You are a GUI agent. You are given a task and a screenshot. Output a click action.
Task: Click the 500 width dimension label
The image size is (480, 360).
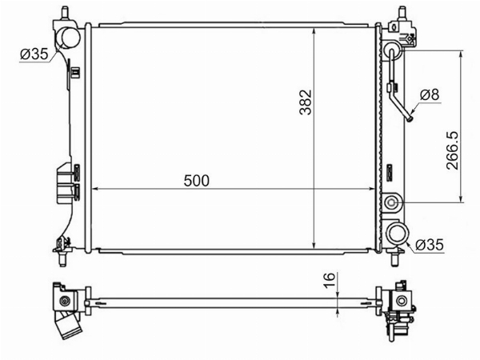coord(197,181)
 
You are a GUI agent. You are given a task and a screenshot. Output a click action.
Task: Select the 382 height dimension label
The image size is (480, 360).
coord(306,102)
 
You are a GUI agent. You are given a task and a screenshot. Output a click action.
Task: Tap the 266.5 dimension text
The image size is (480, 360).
coord(453,150)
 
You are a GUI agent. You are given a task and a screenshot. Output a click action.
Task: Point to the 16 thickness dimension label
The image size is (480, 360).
coord(330,280)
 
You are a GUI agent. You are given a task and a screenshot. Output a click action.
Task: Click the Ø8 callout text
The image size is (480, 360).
coord(430,94)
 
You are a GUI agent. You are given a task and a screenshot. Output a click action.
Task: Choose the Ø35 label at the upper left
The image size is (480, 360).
coord(34,54)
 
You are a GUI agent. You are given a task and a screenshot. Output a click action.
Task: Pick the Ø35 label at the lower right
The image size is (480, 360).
coord(429,245)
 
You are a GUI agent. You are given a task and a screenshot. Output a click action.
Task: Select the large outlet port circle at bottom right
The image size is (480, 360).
coord(398,234)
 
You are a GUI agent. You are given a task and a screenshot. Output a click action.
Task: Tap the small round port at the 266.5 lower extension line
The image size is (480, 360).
coord(391,202)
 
